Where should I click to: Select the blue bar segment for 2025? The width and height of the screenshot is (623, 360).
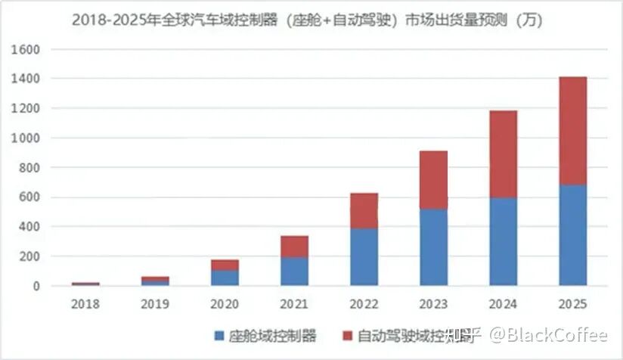[572, 235]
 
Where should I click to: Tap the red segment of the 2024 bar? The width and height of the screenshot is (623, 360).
[504, 154]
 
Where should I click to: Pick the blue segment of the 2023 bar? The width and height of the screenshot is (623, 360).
[434, 247]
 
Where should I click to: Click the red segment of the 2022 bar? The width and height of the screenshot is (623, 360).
[364, 210]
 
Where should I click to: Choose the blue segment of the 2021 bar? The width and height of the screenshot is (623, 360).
[294, 271]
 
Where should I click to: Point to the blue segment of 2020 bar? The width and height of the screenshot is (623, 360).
[225, 278]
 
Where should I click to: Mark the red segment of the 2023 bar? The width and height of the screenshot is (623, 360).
[434, 180]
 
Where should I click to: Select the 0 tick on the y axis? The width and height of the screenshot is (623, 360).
[35, 287]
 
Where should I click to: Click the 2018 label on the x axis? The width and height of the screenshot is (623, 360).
[85, 304]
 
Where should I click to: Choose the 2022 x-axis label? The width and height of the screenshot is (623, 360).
[364, 304]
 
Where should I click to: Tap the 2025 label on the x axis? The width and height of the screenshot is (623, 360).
[572, 304]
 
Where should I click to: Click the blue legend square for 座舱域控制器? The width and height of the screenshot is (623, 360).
[219, 335]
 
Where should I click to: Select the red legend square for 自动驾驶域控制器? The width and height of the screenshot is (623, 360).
[347, 335]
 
